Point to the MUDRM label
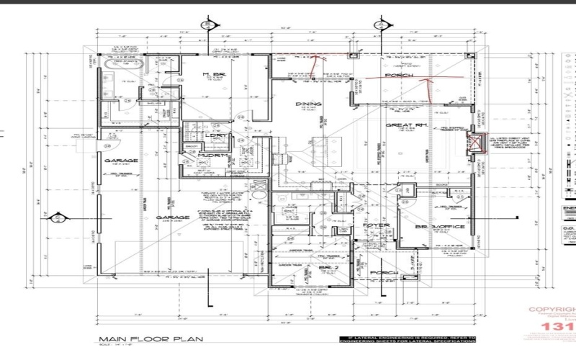tap(218, 156)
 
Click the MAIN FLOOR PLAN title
tap(150, 339)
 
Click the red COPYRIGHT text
tap(552, 310)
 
